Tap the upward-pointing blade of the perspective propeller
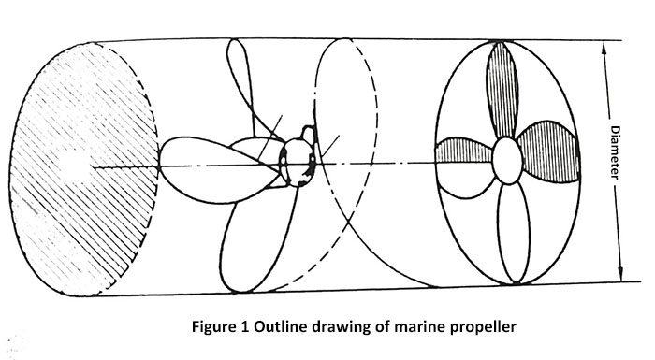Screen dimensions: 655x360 [x=246, y=84]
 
